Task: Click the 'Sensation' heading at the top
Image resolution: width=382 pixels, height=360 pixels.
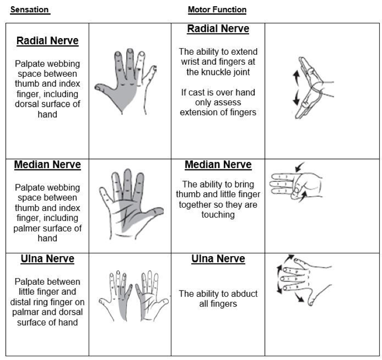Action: click(x=30, y=10)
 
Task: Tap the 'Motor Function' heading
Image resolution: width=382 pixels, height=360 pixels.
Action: click(x=217, y=10)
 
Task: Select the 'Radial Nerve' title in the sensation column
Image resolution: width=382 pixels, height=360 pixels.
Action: click(x=48, y=41)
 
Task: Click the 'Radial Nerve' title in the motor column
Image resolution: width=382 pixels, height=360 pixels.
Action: click(x=218, y=29)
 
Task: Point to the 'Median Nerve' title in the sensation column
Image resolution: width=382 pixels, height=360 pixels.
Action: click(x=48, y=165)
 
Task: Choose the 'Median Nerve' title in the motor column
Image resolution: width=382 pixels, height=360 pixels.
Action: click(x=218, y=165)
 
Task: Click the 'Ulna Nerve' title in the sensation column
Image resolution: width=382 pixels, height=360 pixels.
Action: click(x=48, y=259)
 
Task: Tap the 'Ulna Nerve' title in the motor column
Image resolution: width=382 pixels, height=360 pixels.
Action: click(x=218, y=259)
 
